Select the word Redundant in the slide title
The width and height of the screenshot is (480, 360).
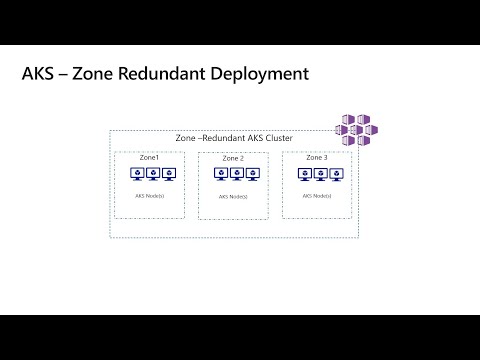(x=171, y=75)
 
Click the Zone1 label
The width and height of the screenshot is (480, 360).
(x=149, y=158)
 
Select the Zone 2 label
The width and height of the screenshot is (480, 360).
(x=233, y=159)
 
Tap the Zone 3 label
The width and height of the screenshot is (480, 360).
(x=316, y=158)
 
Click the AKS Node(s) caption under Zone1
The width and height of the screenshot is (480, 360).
(x=150, y=196)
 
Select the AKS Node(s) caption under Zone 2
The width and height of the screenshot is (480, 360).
(x=233, y=197)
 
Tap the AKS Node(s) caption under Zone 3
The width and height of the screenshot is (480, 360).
(x=316, y=196)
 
